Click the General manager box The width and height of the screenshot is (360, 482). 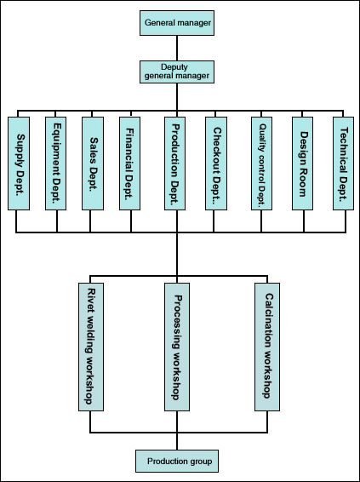tap(177, 23)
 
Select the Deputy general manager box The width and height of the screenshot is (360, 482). tap(177, 72)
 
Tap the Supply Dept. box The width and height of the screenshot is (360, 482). tap(19, 164)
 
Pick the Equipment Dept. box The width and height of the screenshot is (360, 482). tap(55, 164)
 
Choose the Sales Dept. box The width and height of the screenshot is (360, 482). tap(93, 164)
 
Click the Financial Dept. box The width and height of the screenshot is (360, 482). tap(129, 164)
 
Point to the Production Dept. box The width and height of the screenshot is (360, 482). tap(174, 164)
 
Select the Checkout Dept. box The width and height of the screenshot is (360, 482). tap(216, 164)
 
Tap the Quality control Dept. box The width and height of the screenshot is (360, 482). tap(262, 164)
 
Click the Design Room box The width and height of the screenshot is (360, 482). tap(303, 164)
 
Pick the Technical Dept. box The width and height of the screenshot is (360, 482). tap(344, 164)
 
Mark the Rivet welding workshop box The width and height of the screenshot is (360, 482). tap(91, 347)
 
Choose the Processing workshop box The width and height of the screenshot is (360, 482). tap(177, 347)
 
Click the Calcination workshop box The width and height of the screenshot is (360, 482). tap(267, 347)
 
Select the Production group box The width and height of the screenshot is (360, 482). tap(177, 461)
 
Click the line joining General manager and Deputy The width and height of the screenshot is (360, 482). tap(177, 48)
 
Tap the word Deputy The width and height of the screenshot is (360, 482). tap(174, 67)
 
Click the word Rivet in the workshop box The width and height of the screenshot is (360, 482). tap(92, 297)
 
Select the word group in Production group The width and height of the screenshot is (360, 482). tap(200, 462)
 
